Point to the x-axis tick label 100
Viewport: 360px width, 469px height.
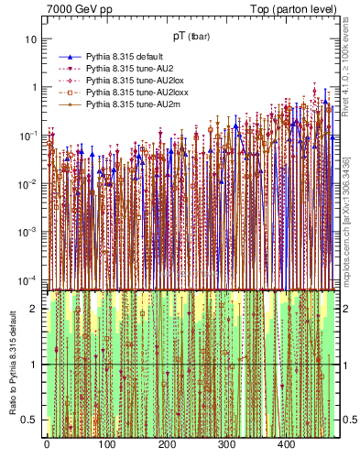(106, 444)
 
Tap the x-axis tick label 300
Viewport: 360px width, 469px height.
(226, 444)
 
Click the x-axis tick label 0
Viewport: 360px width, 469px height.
(46, 444)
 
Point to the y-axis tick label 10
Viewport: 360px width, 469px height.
(32, 39)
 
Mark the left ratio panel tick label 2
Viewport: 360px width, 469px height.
(36, 309)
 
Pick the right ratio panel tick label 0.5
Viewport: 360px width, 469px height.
(348, 420)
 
